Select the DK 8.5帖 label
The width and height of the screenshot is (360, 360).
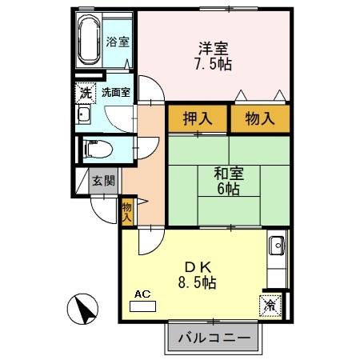click(x=194, y=274)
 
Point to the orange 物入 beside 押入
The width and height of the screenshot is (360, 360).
click(x=258, y=119)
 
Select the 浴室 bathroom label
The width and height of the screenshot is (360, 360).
click(x=118, y=42)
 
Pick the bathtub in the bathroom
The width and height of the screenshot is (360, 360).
click(x=87, y=41)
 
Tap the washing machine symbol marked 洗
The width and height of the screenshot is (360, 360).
click(x=86, y=92)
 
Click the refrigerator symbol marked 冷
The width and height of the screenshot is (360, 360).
click(x=270, y=303)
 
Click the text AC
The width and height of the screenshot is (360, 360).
click(x=142, y=294)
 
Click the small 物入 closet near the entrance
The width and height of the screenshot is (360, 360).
click(x=127, y=211)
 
